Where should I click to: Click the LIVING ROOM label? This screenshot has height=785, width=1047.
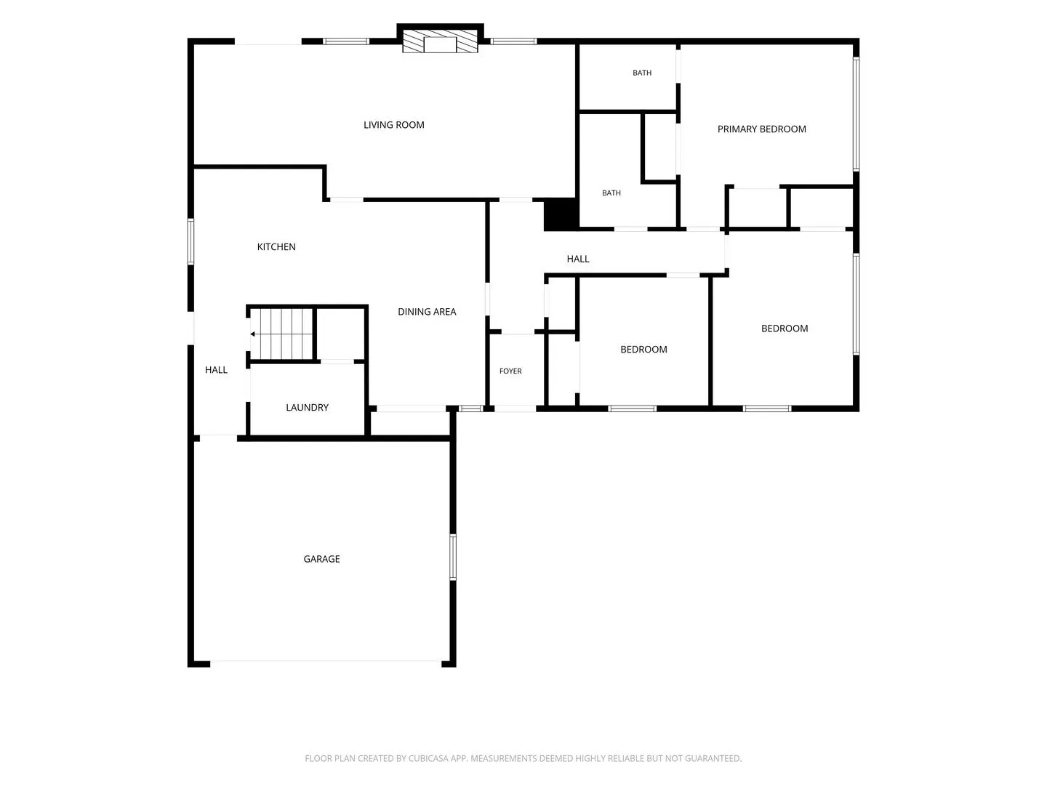[x=393, y=125]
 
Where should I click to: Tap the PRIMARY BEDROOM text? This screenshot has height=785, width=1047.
[x=761, y=129]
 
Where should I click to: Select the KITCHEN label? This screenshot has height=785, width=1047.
[x=276, y=247]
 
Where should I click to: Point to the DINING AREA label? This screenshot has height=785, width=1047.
[x=427, y=312]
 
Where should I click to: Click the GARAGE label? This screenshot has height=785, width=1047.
[x=321, y=559]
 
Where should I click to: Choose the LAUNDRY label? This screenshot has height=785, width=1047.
[x=307, y=408]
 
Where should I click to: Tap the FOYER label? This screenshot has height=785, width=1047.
[x=510, y=371]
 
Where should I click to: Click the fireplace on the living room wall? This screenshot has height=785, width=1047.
[x=440, y=41]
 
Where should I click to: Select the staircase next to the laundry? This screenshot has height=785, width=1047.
[x=281, y=334]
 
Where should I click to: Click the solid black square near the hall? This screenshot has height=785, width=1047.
[x=561, y=214]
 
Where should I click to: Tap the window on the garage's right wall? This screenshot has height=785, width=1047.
[x=453, y=557]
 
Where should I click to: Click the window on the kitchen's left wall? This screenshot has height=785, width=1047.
[x=190, y=241]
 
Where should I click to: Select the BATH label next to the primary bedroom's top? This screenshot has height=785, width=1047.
[x=642, y=73]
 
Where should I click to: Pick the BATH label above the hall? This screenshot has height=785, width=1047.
[x=611, y=193]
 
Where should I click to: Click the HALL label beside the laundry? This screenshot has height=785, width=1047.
[x=216, y=370]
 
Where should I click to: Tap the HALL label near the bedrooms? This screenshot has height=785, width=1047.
[x=577, y=259]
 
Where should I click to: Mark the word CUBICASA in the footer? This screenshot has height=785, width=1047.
[x=426, y=758]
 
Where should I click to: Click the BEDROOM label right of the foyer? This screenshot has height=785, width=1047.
[x=643, y=350]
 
